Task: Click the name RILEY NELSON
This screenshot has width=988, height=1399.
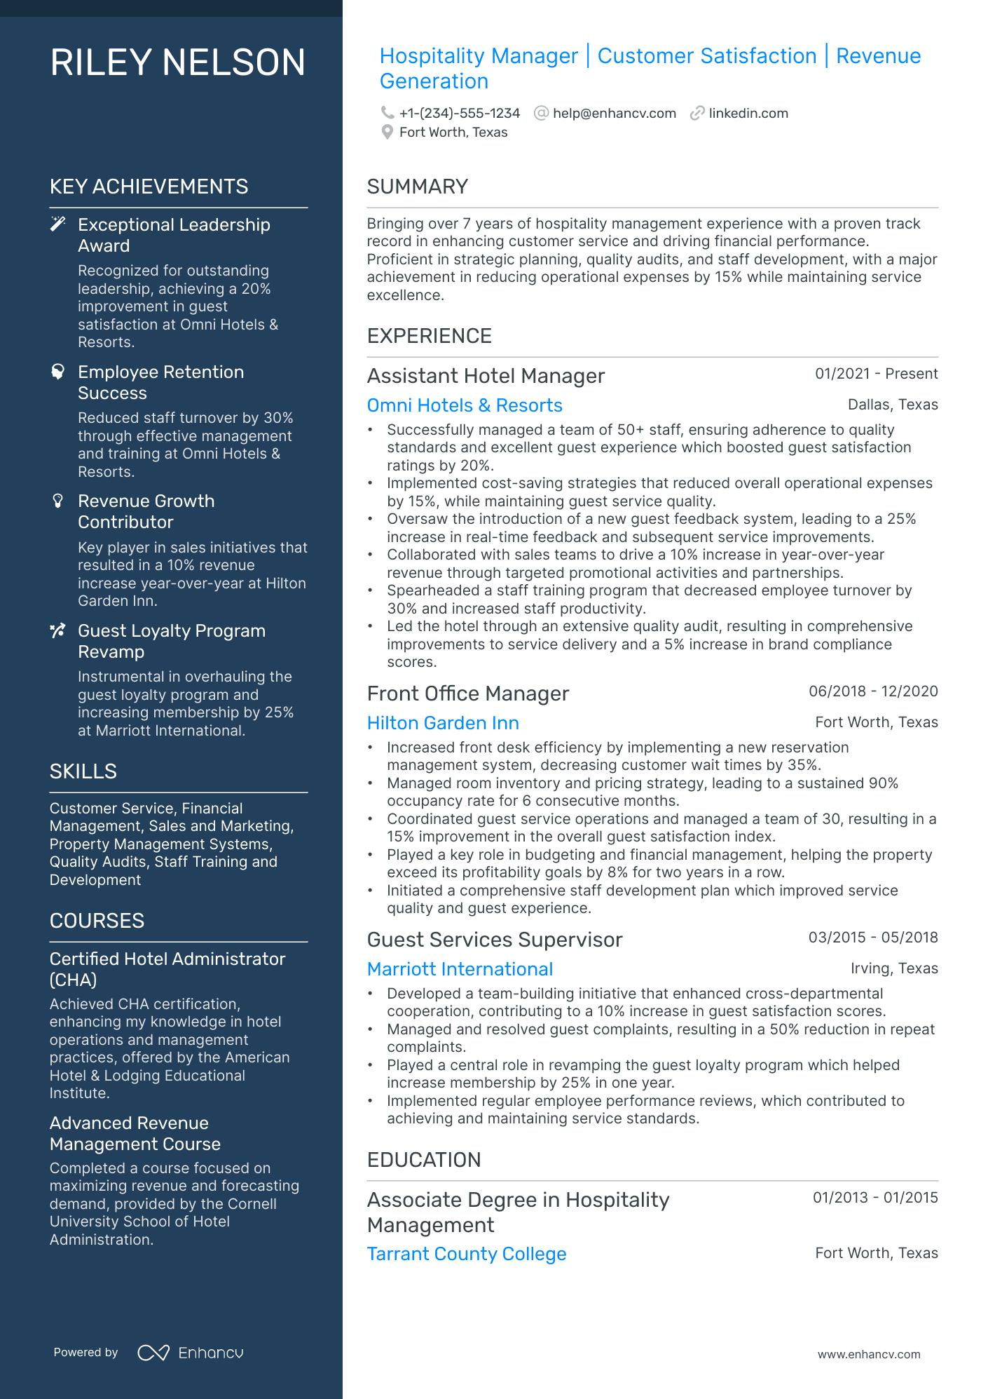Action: (x=178, y=62)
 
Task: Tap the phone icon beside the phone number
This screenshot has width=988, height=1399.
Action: (x=387, y=113)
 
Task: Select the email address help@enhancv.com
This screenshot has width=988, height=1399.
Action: (x=614, y=113)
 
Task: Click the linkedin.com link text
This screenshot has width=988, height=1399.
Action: (x=748, y=113)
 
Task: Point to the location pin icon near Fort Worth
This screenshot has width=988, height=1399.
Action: (x=387, y=132)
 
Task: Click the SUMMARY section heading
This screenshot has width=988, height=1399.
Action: (x=417, y=187)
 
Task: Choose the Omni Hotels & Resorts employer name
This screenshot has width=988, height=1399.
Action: (x=465, y=405)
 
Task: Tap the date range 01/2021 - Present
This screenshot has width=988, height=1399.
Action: (x=876, y=374)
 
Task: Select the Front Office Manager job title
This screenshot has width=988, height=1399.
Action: (x=467, y=694)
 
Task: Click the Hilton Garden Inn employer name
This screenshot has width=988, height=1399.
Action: (x=443, y=723)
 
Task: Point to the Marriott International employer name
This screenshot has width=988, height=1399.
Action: (x=460, y=969)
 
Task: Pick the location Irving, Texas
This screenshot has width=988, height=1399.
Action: (x=894, y=968)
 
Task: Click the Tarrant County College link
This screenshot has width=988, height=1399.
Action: (x=467, y=1254)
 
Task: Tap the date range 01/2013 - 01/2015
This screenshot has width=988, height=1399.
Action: (x=875, y=1198)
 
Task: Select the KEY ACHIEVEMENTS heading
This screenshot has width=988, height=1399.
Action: (x=149, y=187)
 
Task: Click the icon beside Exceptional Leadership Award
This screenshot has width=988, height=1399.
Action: (x=58, y=224)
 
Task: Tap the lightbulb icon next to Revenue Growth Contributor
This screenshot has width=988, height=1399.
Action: (x=58, y=501)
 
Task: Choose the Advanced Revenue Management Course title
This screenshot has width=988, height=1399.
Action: (x=135, y=1133)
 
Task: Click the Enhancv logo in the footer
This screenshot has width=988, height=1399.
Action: (x=191, y=1353)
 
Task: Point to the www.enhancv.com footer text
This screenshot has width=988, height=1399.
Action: (x=869, y=1354)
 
